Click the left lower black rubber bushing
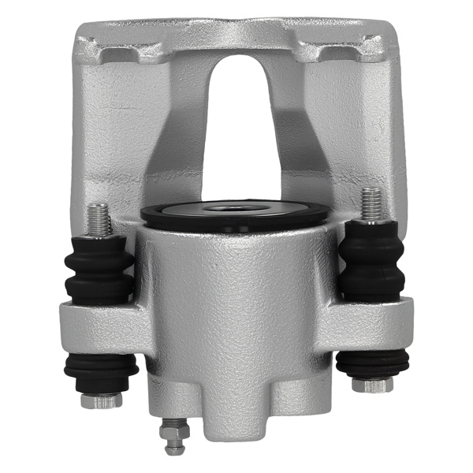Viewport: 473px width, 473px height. point(101,370)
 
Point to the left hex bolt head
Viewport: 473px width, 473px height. point(100,400)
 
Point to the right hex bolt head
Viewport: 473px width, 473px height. point(371,385)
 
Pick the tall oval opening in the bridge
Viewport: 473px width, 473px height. point(236,126)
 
